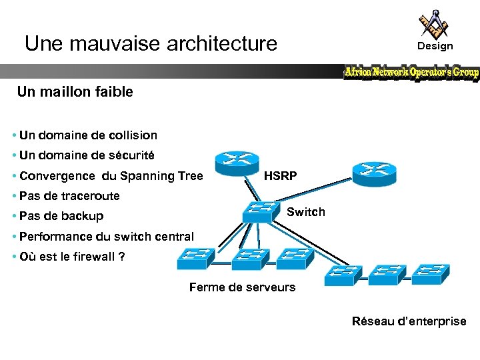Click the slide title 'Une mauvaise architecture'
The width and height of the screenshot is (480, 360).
[151, 44]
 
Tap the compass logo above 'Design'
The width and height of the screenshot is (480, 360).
[434, 23]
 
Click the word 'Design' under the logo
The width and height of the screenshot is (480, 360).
[435, 46]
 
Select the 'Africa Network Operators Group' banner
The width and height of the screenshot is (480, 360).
[411, 72]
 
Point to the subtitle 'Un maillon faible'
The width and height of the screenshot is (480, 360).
[75, 92]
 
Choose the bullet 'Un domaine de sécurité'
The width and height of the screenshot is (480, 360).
[87, 155]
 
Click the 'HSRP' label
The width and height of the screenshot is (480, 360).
[281, 176]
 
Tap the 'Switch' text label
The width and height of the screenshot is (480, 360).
[305, 212]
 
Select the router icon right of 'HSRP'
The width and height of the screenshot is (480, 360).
[374, 173]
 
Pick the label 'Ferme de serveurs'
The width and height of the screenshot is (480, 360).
[242, 287]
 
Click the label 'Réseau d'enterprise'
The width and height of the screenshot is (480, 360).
[409, 321]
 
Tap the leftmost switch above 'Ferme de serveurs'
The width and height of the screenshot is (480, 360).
[195, 259]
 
